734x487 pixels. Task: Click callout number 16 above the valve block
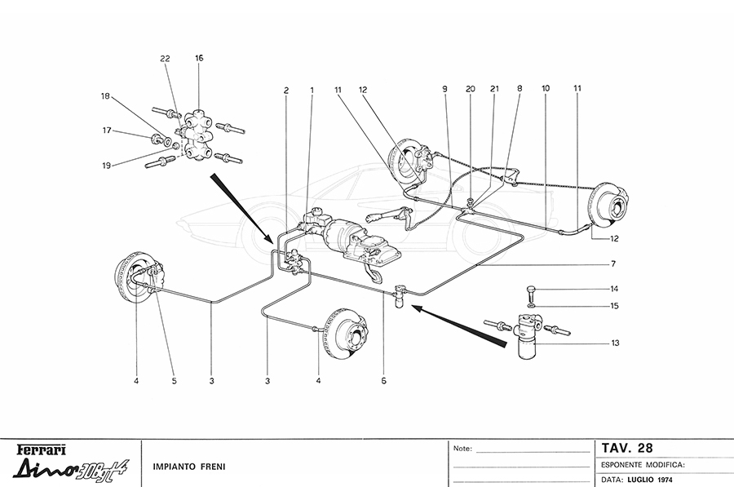199,58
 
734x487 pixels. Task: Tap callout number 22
165,59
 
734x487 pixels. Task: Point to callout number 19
106,166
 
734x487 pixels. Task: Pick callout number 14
616,290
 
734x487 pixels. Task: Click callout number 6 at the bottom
384,379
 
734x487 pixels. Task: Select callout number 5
173,379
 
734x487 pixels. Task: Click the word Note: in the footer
462,449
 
